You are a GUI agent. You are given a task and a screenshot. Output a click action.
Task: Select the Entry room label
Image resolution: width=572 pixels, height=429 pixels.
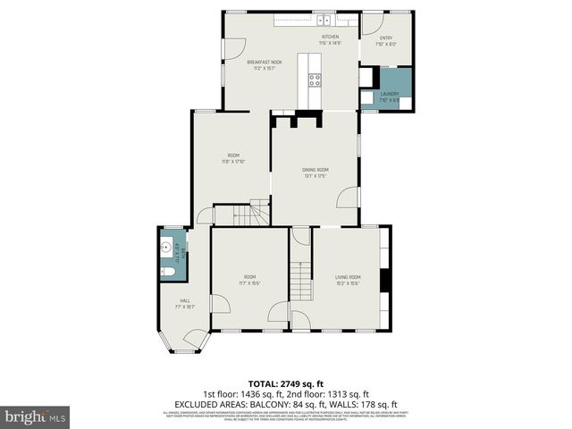pos(385,38)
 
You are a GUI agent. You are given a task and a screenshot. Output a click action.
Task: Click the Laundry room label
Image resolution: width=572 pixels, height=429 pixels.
pos(389,94)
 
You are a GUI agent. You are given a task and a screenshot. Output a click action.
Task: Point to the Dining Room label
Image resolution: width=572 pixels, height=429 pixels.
pos(315,170)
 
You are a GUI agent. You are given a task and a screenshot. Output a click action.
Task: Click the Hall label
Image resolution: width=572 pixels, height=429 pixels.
pos(185,300)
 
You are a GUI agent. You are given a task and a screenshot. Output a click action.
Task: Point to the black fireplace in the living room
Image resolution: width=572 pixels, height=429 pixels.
pos(384,281)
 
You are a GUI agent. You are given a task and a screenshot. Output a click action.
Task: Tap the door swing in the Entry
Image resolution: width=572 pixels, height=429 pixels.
pos(373,25)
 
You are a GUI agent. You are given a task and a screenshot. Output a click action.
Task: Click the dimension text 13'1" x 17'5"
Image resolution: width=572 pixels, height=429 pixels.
pos(315,176)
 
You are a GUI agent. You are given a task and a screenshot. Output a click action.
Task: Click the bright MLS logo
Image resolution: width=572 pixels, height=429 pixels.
pos(36,416)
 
